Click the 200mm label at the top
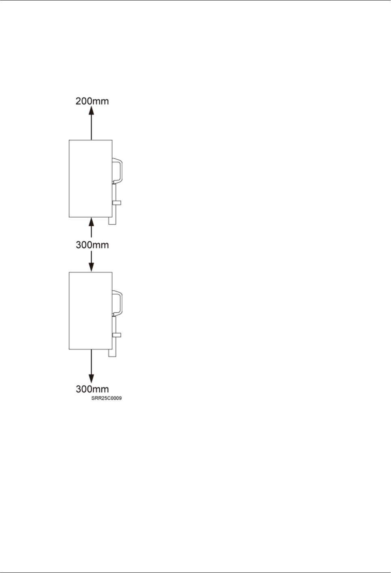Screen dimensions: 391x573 point(92,101)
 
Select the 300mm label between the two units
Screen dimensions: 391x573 point(92,245)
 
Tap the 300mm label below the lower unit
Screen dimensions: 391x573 point(92,389)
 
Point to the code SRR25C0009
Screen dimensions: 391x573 point(106,398)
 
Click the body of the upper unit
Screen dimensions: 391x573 point(90,178)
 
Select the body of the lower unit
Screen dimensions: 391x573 point(90,310)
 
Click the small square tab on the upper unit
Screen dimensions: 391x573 point(117,203)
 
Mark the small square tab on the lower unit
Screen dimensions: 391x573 point(117,335)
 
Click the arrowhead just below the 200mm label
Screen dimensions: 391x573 point(92,111)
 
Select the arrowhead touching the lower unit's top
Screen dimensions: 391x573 point(92,267)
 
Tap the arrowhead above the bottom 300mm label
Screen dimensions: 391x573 point(92,378)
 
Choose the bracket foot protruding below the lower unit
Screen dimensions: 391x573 point(113,353)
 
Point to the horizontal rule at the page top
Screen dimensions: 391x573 point(195,0)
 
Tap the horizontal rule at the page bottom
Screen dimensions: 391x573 point(195,572)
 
